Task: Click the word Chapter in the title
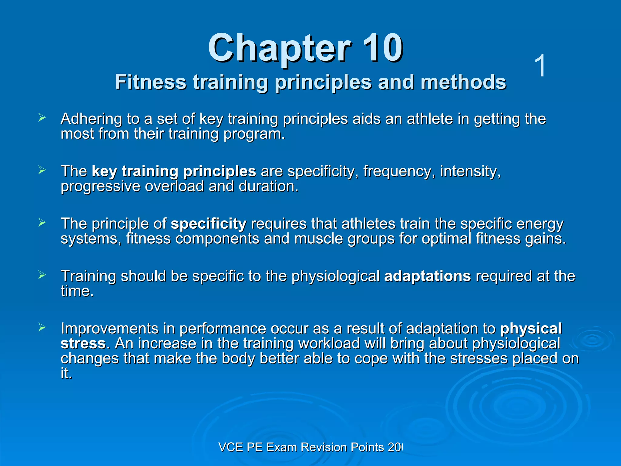(x=279, y=49)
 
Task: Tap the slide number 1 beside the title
(x=540, y=66)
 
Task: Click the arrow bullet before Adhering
(x=42, y=118)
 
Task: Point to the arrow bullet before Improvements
(x=42, y=327)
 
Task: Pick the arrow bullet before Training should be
(x=42, y=275)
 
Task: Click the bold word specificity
(x=209, y=224)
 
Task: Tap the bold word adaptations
(x=427, y=276)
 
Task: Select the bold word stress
(x=83, y=343)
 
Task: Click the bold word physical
(x=531, y=329)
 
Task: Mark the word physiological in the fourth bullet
(x=335, y=276)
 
